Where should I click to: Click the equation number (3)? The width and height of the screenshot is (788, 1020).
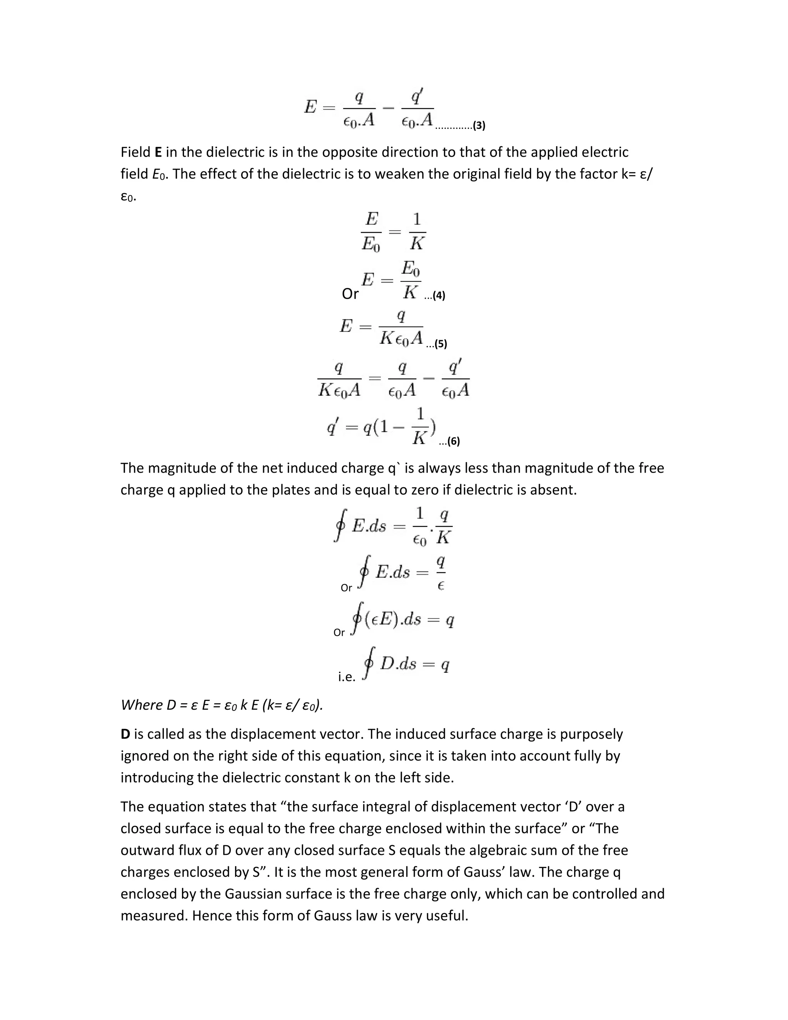point(479,125)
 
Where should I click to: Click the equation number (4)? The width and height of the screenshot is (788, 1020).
point(439,296)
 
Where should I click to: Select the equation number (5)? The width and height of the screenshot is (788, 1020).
point(441,344)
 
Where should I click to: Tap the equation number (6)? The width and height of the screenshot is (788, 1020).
point(454,441)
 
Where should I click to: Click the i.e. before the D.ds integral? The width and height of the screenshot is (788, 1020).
point(346,677)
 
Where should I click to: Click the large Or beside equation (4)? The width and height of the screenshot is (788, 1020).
point(350,294)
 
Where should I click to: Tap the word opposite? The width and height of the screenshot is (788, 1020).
point(349,152)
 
